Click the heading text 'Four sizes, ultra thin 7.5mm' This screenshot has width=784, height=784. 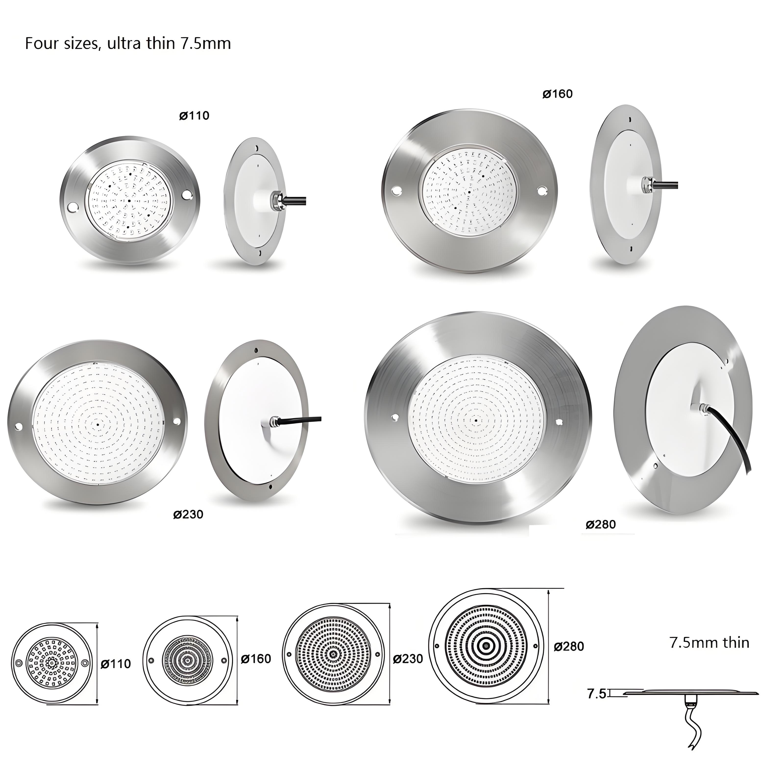tap(128, 43)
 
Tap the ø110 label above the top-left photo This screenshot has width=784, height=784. tap(194, 116)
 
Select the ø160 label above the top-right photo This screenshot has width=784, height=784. tap(558, 94)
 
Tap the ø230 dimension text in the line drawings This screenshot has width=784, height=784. tap(408, 659)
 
